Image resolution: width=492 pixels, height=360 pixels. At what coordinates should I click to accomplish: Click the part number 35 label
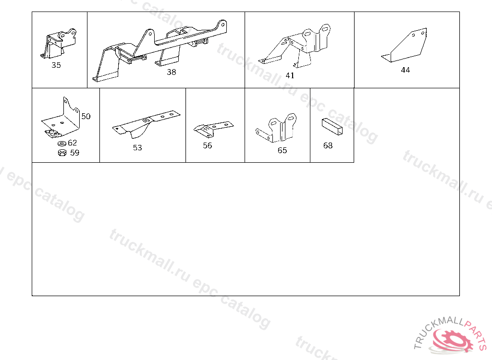click(x=56, y=65)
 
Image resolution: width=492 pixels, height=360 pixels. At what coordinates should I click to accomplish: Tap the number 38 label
click(x=172, y=72)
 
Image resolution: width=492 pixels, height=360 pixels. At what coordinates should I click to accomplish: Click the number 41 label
click(x=290, y=75)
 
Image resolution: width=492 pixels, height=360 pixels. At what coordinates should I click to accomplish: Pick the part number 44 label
click(x=406, y=70)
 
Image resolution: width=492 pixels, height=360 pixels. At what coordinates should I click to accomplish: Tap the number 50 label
click(x=86, y=116)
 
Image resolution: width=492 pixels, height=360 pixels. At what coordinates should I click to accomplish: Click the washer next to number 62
click(x=62, y=144)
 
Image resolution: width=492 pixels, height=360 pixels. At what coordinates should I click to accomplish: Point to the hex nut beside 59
click(x=62, y=153)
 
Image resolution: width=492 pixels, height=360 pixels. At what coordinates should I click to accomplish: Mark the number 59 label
click(x=74, y=153)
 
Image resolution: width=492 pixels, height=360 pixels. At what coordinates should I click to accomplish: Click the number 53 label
click(x=137, y=148)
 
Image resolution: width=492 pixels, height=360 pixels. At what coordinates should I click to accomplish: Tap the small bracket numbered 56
click(x=213, y=128)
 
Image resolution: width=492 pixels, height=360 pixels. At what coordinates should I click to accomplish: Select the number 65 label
click(x=282, y=151)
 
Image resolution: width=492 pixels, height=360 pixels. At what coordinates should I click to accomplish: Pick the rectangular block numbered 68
click(x=332, y=127)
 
